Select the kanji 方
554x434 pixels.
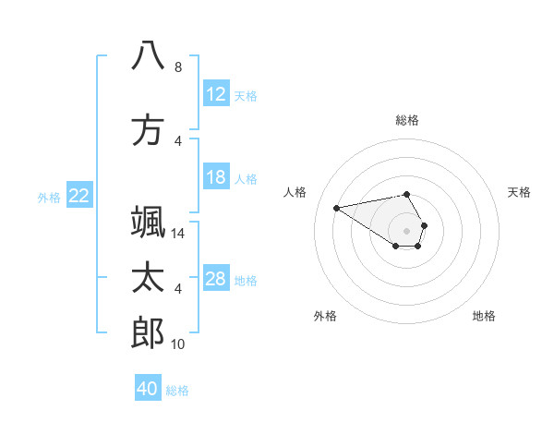[x=148, y=130]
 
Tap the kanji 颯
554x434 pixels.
[x=148, y=222]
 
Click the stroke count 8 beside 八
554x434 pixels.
[x=178, y=67]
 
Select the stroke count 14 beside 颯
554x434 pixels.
[x=178, y=235]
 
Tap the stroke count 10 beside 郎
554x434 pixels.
[x=178, y=345]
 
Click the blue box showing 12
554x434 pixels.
[x=216, y=94]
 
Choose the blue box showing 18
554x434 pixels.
[x=216, y=177]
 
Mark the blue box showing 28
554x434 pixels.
[x=216, y=279]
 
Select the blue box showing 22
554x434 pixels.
[x=79, y=196]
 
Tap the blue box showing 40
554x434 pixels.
[x=148, y=389]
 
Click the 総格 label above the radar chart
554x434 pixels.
[x=407, y=120]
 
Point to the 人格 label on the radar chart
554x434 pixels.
[x=295, y=192]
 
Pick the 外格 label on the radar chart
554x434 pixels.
[x=325, y=316]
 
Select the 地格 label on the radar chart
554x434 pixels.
[x=484, y=316]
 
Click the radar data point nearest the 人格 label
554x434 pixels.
[x=336, y=207]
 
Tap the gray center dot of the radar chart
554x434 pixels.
[x=407, y=230]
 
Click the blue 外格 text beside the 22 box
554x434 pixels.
[x=49, y=197]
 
